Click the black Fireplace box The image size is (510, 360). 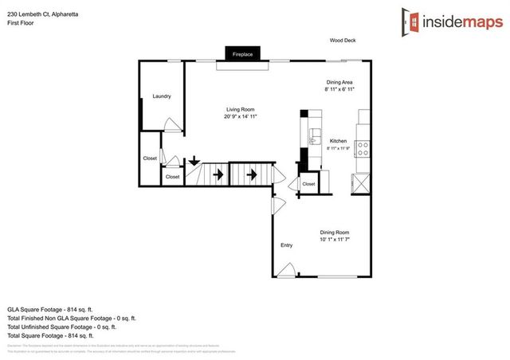click(x=242, y=54)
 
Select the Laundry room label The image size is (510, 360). click(x=162, y=96)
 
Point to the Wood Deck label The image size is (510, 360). click(x=343, y=40)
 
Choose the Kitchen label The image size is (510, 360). click(x=339, y=141)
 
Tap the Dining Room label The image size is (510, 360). click(x=334, y=231)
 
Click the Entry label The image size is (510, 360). click(x=287, y=245)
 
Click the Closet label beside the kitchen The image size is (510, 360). click(x=308, y=184)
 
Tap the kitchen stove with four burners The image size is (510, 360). click(x=362, y=148)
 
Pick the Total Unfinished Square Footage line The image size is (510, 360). click(x=61, y=326)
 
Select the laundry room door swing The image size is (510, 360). click(x=170, y=124)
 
